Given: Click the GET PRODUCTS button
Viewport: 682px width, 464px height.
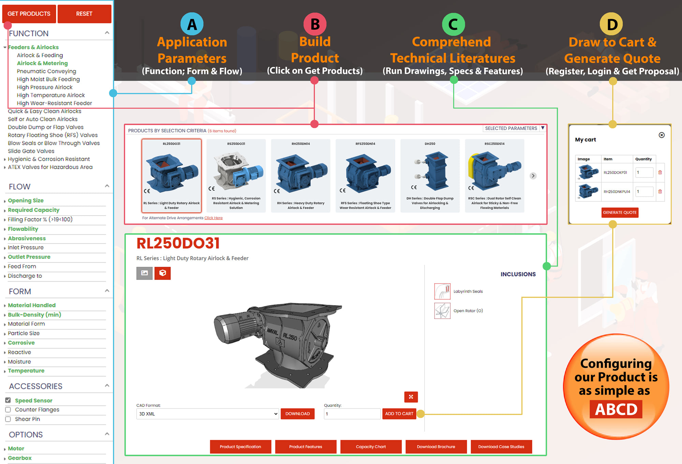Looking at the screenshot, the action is [29, 14].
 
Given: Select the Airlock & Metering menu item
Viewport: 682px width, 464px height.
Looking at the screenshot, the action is [42, 63].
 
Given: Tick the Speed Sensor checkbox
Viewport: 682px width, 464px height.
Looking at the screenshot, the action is [8, 400].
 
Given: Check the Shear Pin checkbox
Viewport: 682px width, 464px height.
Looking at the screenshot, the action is [8, 419].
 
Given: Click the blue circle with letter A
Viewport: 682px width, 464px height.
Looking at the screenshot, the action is [192, 24].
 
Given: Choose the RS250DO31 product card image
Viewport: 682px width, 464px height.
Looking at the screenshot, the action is [236, 171].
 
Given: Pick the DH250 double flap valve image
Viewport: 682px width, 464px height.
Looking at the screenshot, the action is [430, 171].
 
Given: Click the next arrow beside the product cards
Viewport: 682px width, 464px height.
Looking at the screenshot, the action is [533, 176].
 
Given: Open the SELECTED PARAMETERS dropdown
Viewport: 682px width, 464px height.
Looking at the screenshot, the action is [543, 128].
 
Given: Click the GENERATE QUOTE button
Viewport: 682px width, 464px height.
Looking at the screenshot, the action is [620, 213].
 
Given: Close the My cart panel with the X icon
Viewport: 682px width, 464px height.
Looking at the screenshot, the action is [662, 135].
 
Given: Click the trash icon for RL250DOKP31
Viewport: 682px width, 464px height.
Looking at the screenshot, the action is [660, 172].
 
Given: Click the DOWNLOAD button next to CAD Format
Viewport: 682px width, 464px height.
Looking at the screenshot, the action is [297, 414].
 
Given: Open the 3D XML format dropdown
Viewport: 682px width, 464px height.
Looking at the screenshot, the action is [208, 414].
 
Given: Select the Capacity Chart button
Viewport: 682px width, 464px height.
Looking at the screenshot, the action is [371, 447].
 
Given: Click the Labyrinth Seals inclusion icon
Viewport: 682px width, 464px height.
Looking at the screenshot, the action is [442, 291].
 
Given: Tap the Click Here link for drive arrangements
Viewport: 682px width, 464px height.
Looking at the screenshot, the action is [213, 218].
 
